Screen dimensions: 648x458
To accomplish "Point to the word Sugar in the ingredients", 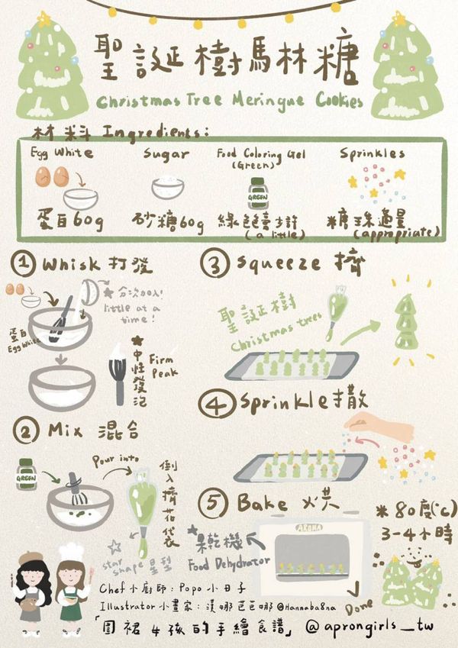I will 166,153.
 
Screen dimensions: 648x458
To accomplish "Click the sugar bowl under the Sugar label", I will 166,189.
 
